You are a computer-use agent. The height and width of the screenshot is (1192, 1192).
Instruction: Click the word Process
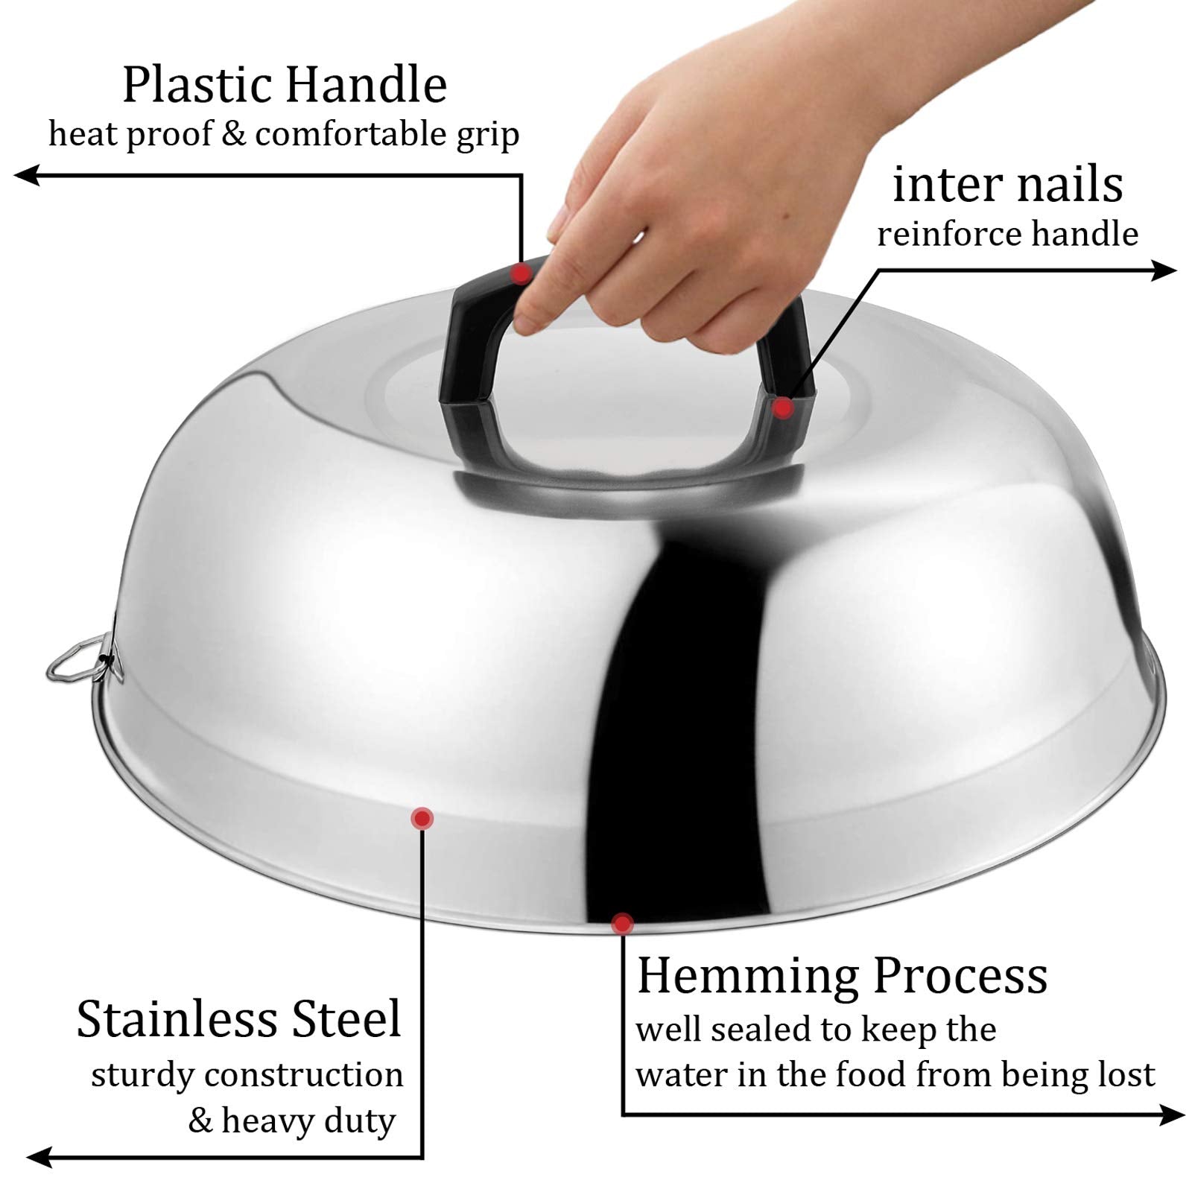(x=961, y=976)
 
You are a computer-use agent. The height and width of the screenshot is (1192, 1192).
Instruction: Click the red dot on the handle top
(x=521, y=273)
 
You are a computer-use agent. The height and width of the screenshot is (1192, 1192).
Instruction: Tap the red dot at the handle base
(x=782, y=408)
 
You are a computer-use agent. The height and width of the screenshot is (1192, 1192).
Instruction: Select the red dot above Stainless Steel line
(x=422, y=819)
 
